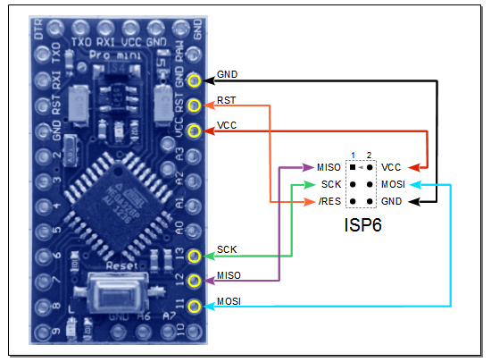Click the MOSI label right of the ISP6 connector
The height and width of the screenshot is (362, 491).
[394, 184]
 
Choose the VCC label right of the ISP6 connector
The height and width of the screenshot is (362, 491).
[391, 167]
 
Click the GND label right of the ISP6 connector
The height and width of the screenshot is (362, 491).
[392, 201]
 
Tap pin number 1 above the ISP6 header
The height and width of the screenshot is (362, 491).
[354, 155]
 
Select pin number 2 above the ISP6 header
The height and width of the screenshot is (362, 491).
[368, 155]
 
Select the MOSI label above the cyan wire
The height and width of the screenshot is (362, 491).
[229, 300]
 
